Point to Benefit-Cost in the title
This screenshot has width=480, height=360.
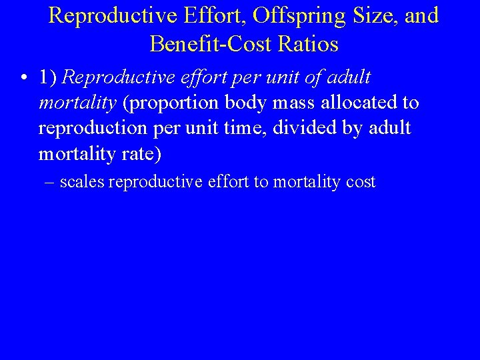click(x=206, y=44)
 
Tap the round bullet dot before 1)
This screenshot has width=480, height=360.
click(x=23, y=79)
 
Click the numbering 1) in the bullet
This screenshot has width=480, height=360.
click(x=49, y=78)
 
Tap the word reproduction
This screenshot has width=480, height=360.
click(x=86, y=128)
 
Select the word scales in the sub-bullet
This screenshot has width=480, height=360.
click(x=82, y=182)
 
